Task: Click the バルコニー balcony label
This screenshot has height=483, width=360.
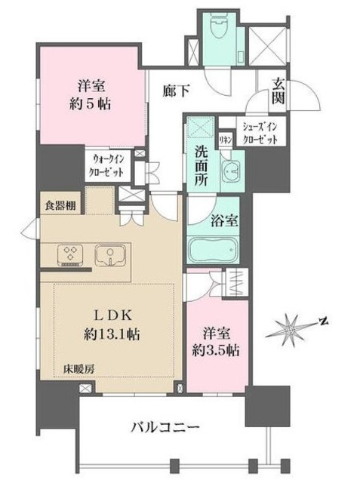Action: pos(162,428)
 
